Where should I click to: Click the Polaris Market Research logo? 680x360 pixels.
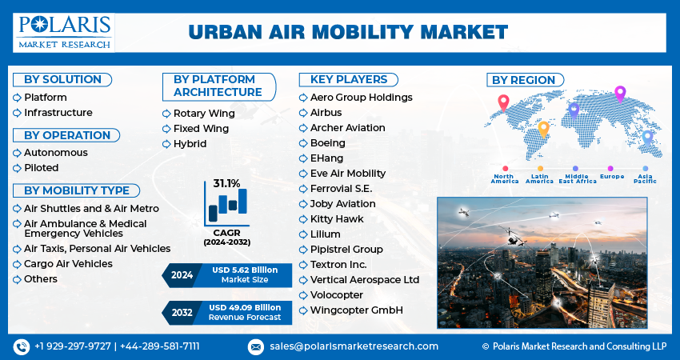[64, 31]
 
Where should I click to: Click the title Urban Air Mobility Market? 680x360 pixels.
[348, 32]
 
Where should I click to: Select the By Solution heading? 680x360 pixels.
[62, 79]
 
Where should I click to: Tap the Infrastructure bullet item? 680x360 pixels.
[58, 113]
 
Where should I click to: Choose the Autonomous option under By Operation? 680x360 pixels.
[55, 152]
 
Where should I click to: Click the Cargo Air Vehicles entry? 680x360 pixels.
[68, 263]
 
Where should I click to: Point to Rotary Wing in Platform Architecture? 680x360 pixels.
[204, 114]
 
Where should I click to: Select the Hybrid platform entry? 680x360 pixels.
[190, 144]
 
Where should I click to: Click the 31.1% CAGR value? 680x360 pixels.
[226, 184]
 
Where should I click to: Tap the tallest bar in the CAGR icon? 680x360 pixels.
[242, 205]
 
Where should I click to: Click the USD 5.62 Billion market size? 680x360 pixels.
[246, 270]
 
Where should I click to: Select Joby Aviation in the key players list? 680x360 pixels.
[342, 204]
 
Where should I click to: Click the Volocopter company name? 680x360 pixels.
[336, 294]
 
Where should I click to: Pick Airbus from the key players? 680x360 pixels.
[326, 113]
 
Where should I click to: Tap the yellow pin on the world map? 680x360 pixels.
[543, 128]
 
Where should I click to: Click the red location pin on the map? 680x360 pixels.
[503, 102]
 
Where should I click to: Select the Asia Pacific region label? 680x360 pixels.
[645, 178]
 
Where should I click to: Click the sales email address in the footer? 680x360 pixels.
[353, 346]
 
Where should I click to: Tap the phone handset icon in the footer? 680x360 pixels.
[21, 346]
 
